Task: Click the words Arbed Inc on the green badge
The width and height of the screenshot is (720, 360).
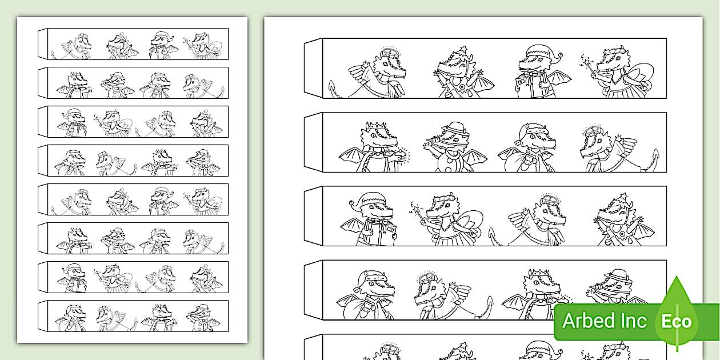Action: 605,321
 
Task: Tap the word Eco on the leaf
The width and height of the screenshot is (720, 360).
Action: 676,322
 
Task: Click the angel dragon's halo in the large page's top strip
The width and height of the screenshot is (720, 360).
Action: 389,52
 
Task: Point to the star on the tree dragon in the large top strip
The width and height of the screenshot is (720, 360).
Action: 463,50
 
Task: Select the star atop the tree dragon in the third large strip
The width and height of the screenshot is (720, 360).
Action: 623,196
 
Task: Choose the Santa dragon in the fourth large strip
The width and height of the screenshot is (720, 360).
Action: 366,295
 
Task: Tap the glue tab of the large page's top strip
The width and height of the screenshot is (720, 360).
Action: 313,68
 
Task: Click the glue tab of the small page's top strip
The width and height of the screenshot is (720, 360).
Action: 43,43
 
